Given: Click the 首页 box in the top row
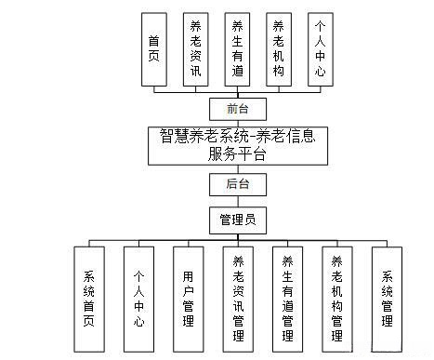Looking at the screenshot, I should pos(153,49).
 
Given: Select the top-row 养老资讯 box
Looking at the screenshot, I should pos(195,49).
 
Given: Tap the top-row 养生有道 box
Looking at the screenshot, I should pos(237,49).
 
